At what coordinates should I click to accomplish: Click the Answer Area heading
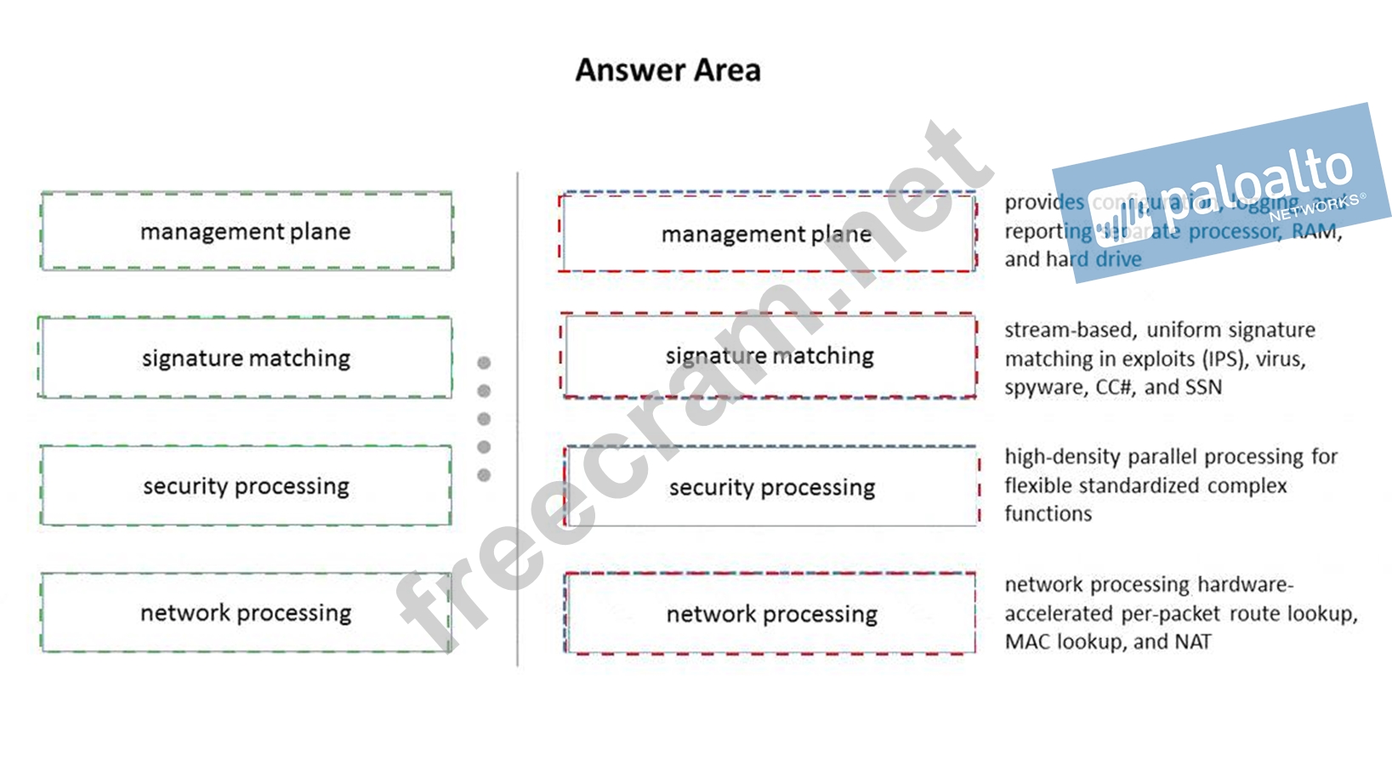point(668,71)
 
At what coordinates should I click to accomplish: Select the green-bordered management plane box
point(246,231)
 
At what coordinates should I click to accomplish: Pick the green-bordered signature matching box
point(246,358)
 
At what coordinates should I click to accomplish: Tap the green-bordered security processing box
point(246,485)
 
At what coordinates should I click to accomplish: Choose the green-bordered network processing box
point(246,613)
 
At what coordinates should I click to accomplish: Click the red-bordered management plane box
point(767,234)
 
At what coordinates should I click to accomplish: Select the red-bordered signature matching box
point(769,355)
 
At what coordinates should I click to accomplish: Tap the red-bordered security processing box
point(771,487)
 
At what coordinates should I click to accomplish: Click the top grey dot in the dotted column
point(484,363)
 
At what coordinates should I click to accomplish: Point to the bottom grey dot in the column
point(484,475)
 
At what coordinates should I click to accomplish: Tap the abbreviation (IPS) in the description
point(1220,359)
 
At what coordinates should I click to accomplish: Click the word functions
point(1048,513)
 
